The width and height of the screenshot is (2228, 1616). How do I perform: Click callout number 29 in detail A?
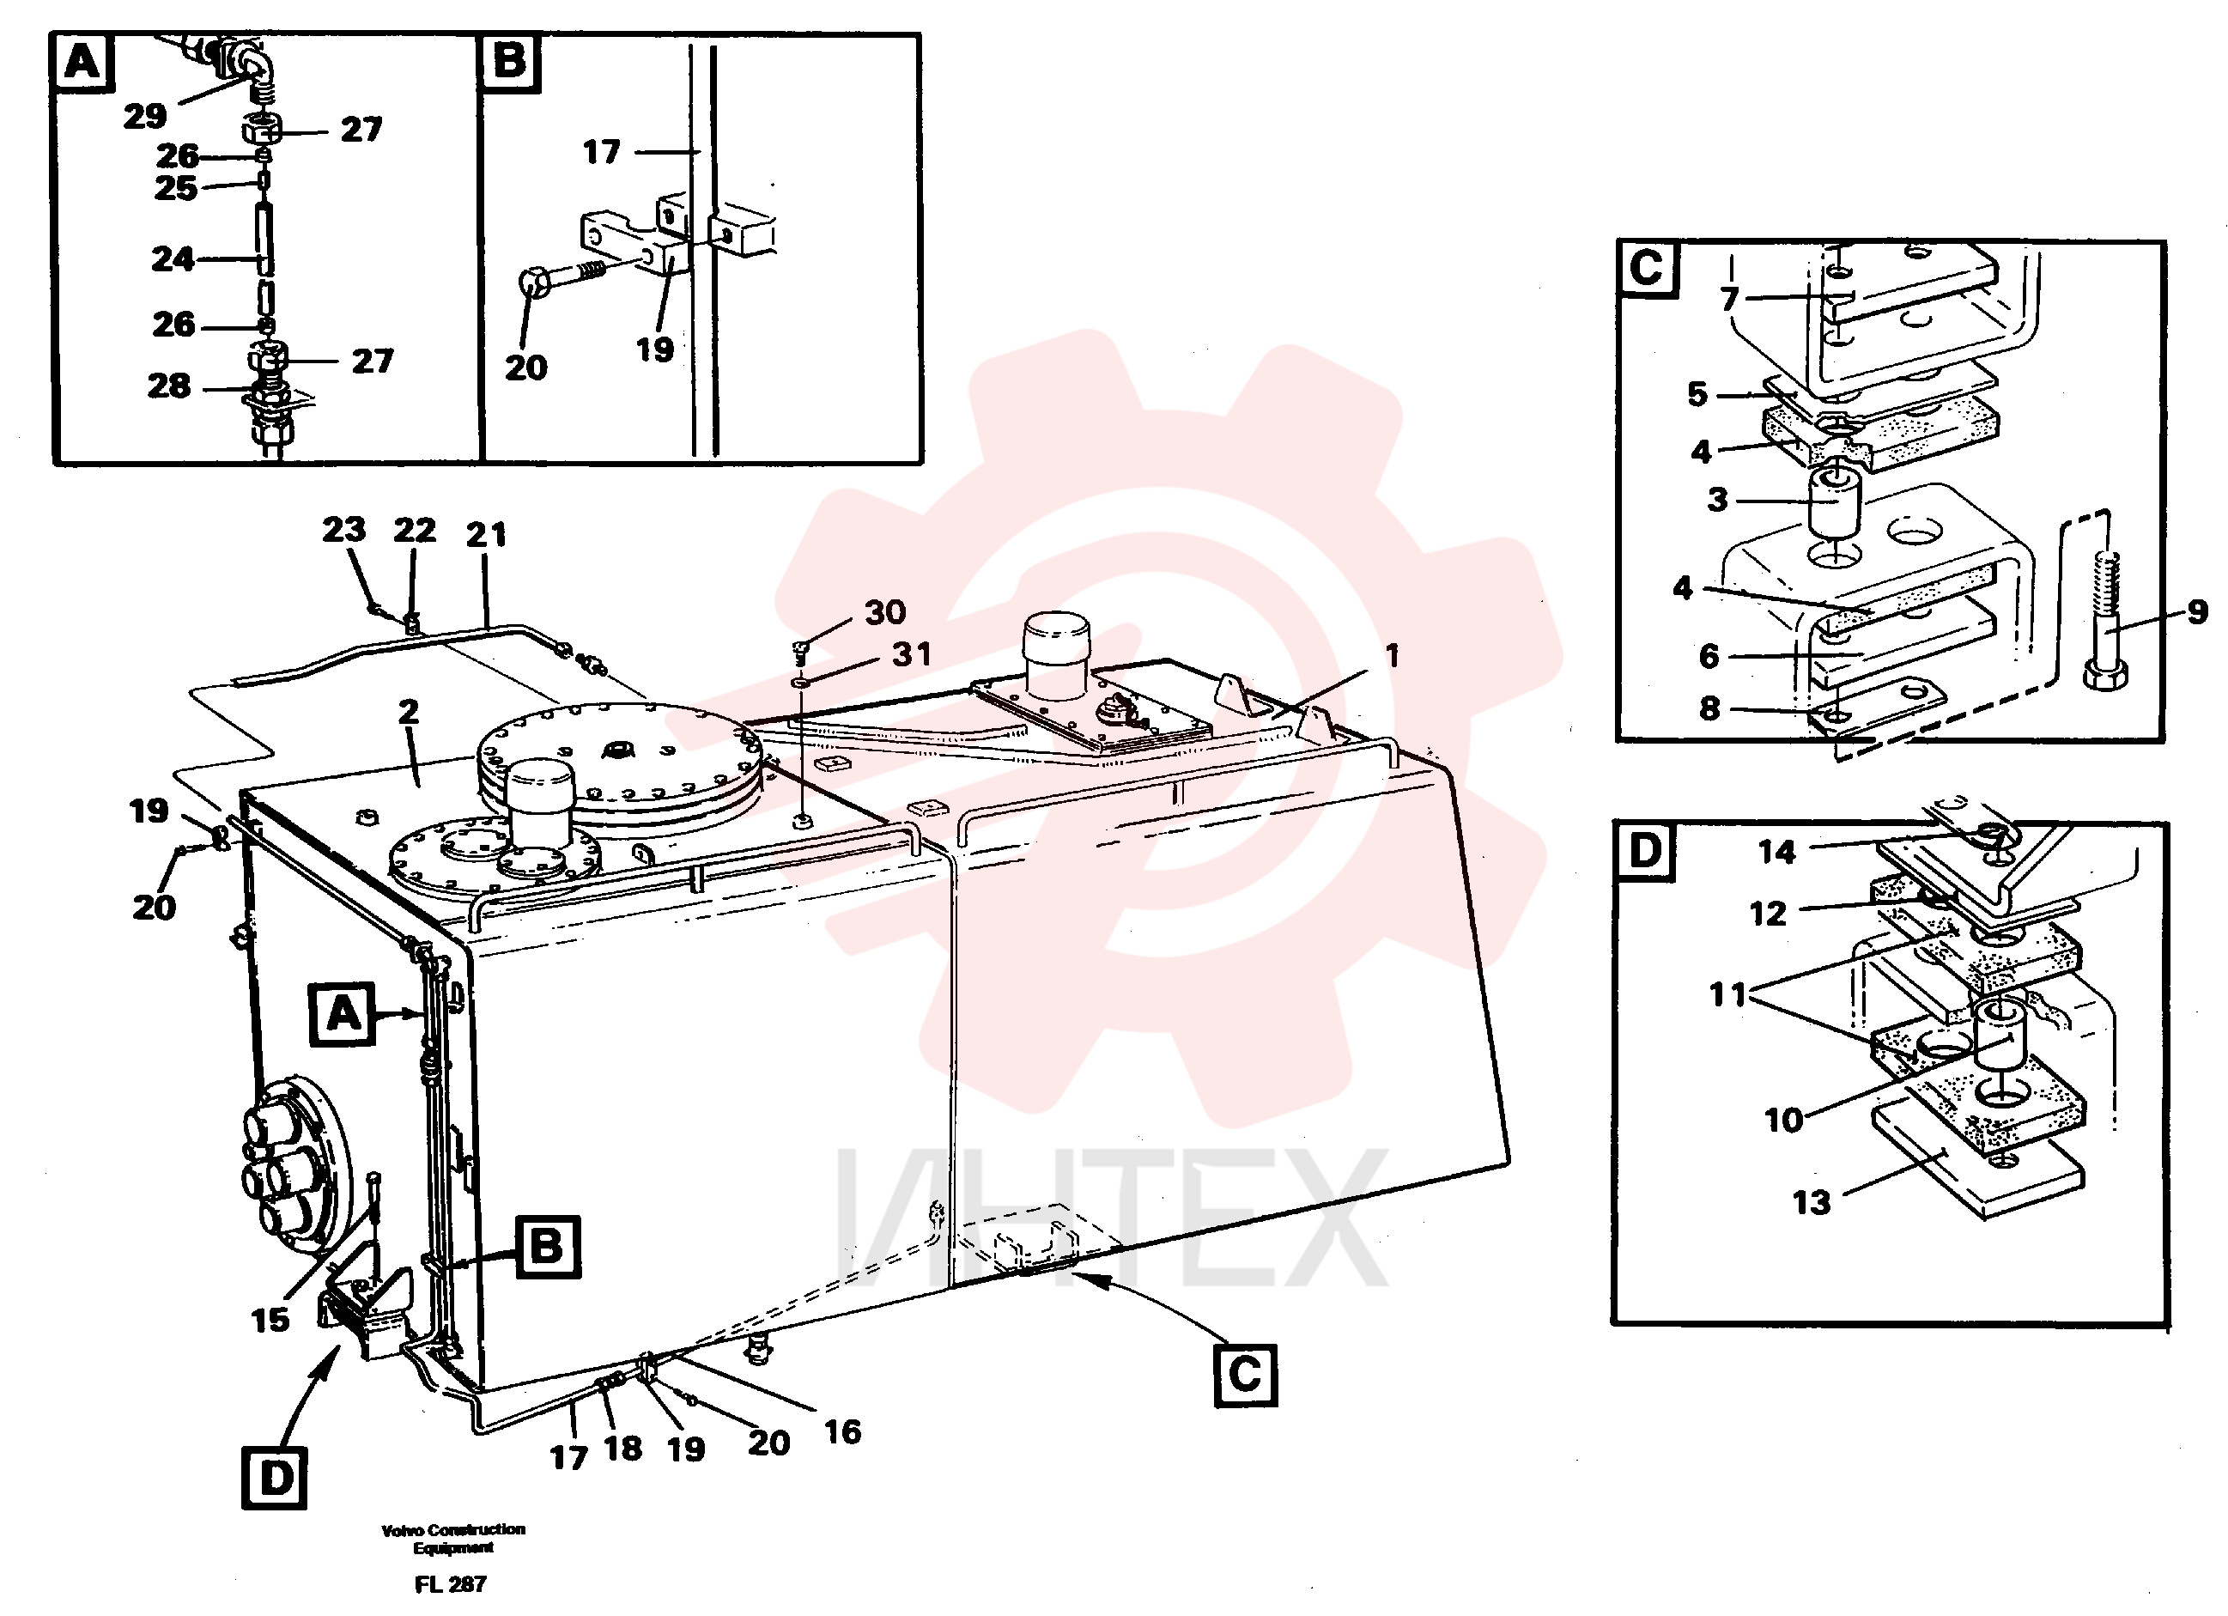coord(144,116)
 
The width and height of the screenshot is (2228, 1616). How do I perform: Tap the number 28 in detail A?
coord(169,385)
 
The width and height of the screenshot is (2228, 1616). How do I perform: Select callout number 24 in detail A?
coord(173,258)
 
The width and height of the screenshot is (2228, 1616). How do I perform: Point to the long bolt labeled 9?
coord(2105,621)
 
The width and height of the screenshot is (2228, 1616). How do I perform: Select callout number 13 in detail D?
coord(1812,1201)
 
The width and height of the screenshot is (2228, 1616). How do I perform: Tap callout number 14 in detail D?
coord(1776,851)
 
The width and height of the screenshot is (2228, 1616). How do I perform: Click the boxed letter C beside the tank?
coord(1246,1375)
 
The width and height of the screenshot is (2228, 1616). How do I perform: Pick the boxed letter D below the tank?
coord(274,1478)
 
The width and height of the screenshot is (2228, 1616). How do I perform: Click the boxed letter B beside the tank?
coord(548,1247)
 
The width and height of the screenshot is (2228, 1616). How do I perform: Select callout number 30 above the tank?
coord(885,612)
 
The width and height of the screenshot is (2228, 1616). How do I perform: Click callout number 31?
coord(911,653)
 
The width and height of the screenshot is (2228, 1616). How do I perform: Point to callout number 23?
coord(343,530)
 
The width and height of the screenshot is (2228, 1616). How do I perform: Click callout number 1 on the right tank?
coord(1392,655)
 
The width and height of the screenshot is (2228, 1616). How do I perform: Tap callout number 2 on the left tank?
coord(409,711)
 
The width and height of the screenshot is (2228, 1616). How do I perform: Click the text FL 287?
coord(451,1583)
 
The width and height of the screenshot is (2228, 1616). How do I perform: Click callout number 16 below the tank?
coord(842,1431)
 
